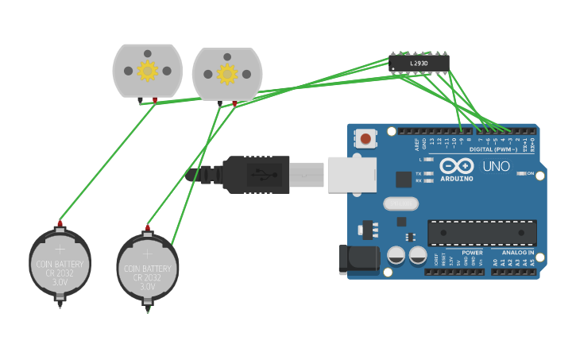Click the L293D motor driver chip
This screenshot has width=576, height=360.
tap(419, 63)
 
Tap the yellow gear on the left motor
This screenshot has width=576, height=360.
tap(147, 71)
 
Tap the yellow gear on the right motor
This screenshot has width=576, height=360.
tap(227, 75)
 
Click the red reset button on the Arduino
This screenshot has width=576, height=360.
tap(365, 139)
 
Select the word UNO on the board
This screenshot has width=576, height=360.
tap(497, 167)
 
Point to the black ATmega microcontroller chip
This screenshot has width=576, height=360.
tap(481, 233)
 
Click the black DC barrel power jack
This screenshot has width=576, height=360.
tap(355, 260)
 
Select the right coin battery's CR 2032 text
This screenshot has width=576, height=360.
tap(147, 278)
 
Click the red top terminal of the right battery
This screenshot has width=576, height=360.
tap(147, 228)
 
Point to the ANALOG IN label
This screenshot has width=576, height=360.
tap(517, 253)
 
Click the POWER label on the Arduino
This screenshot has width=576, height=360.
tap(472, 253)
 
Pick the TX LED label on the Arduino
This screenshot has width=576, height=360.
tap(419, 173)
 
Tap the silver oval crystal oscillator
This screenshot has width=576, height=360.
tap(400, 203)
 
